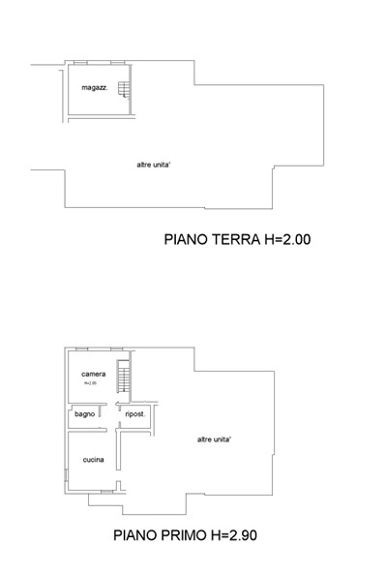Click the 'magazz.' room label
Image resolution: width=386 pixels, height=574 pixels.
94,88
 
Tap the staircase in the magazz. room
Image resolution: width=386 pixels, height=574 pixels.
123,90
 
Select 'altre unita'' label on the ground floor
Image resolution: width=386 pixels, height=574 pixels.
154,165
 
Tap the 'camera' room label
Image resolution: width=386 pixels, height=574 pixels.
94,374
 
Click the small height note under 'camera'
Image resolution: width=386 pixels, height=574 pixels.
91,383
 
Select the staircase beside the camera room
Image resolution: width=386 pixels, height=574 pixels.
122,374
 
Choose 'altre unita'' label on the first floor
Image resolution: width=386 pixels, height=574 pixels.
213,439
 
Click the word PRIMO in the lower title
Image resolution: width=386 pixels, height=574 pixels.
192,533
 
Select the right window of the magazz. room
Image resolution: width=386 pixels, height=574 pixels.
117,62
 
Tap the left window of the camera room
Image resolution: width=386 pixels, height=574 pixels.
81,347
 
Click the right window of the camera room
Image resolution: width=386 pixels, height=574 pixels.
117,347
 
